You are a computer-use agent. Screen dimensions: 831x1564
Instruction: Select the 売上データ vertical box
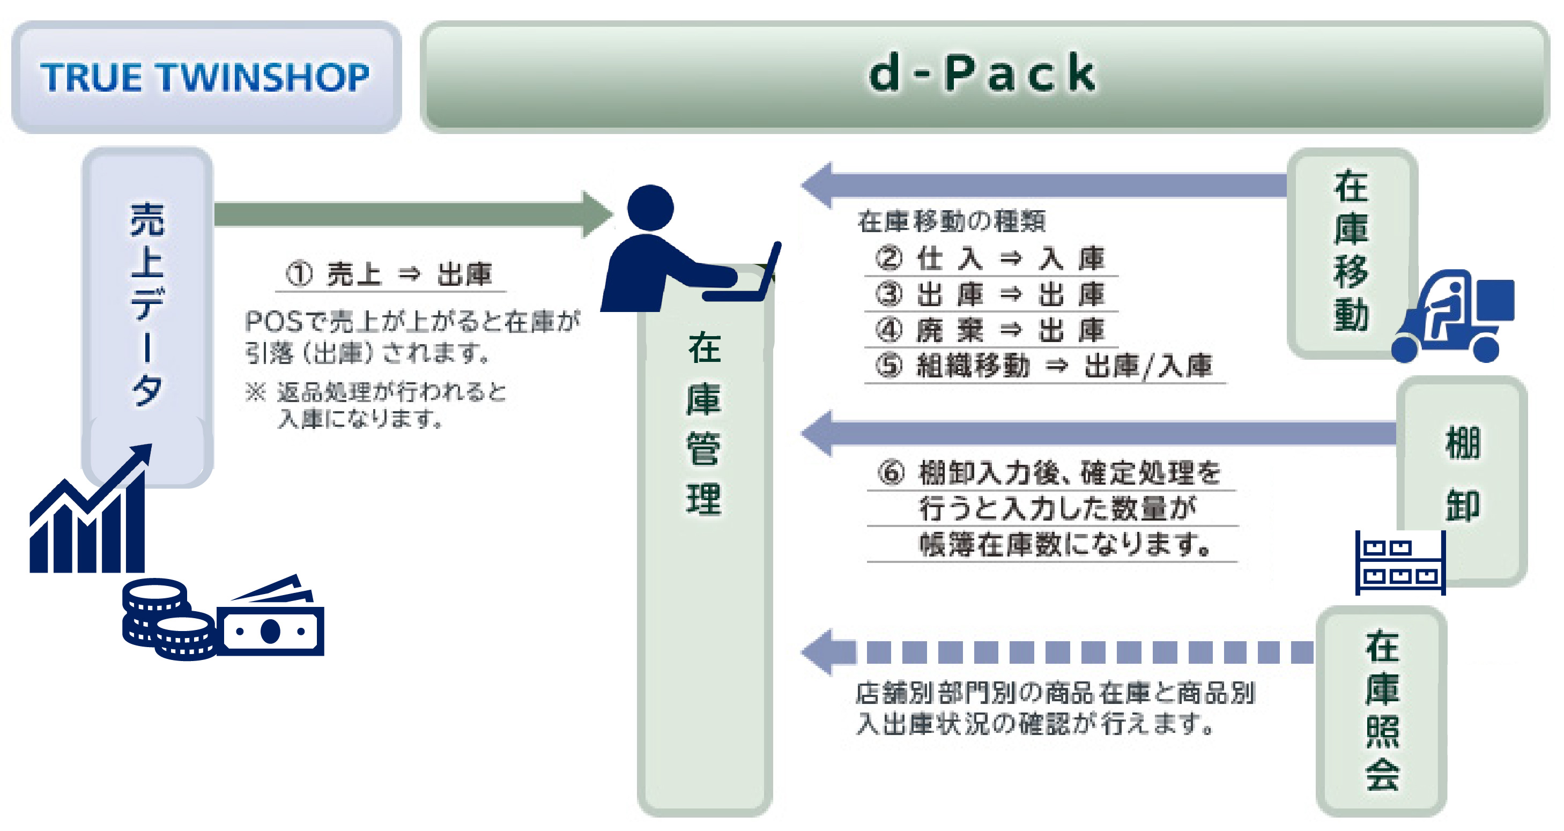pyautogui.click(x=147, y=303)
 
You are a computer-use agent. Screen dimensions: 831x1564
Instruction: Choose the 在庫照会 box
pyautogui.click(x=1381, y=710)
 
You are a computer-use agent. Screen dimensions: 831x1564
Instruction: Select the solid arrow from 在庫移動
pyautogui.click(x=1044, y=185)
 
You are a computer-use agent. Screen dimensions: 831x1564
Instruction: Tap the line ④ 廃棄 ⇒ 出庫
pyautogui.click(x=990, y=330)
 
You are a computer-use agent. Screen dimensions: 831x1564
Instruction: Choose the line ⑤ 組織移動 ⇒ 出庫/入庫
pyautogui.click(x=1044, y=366)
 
